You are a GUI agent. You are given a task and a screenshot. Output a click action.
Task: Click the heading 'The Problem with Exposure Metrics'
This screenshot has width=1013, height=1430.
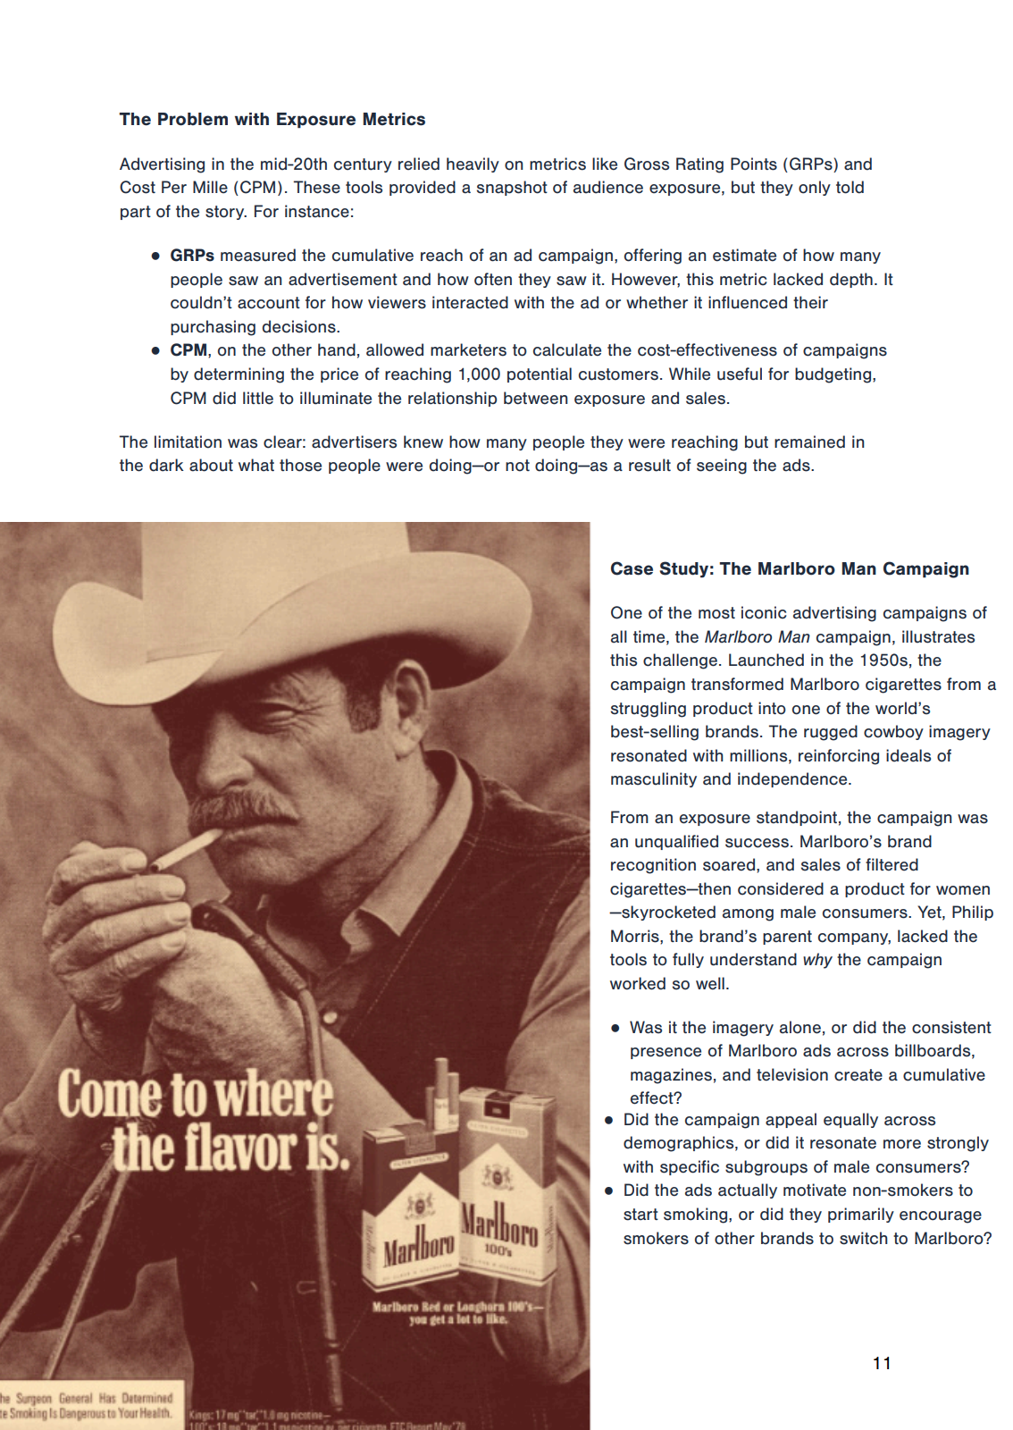pos(272,120)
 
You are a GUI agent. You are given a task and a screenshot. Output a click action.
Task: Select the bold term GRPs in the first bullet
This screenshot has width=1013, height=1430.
pos(192,256)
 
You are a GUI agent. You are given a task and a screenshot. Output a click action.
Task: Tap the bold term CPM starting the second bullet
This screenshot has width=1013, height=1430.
pos(188,350)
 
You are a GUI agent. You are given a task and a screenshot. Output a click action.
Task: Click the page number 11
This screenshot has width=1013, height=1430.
pos(882,1363)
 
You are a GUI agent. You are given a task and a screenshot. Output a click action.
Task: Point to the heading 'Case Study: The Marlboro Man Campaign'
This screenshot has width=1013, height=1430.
pos(790,569)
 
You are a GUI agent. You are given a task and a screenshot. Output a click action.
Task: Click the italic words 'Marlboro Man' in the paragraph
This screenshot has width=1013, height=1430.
pos(757,637)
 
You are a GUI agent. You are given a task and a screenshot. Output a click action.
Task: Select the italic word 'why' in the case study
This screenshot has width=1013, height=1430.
pos(816,960)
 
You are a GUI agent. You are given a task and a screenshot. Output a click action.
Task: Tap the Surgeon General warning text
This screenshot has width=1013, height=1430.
pos(87,1406)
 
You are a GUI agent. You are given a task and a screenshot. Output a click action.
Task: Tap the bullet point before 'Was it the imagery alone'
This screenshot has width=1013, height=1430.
pos(615,1029)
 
